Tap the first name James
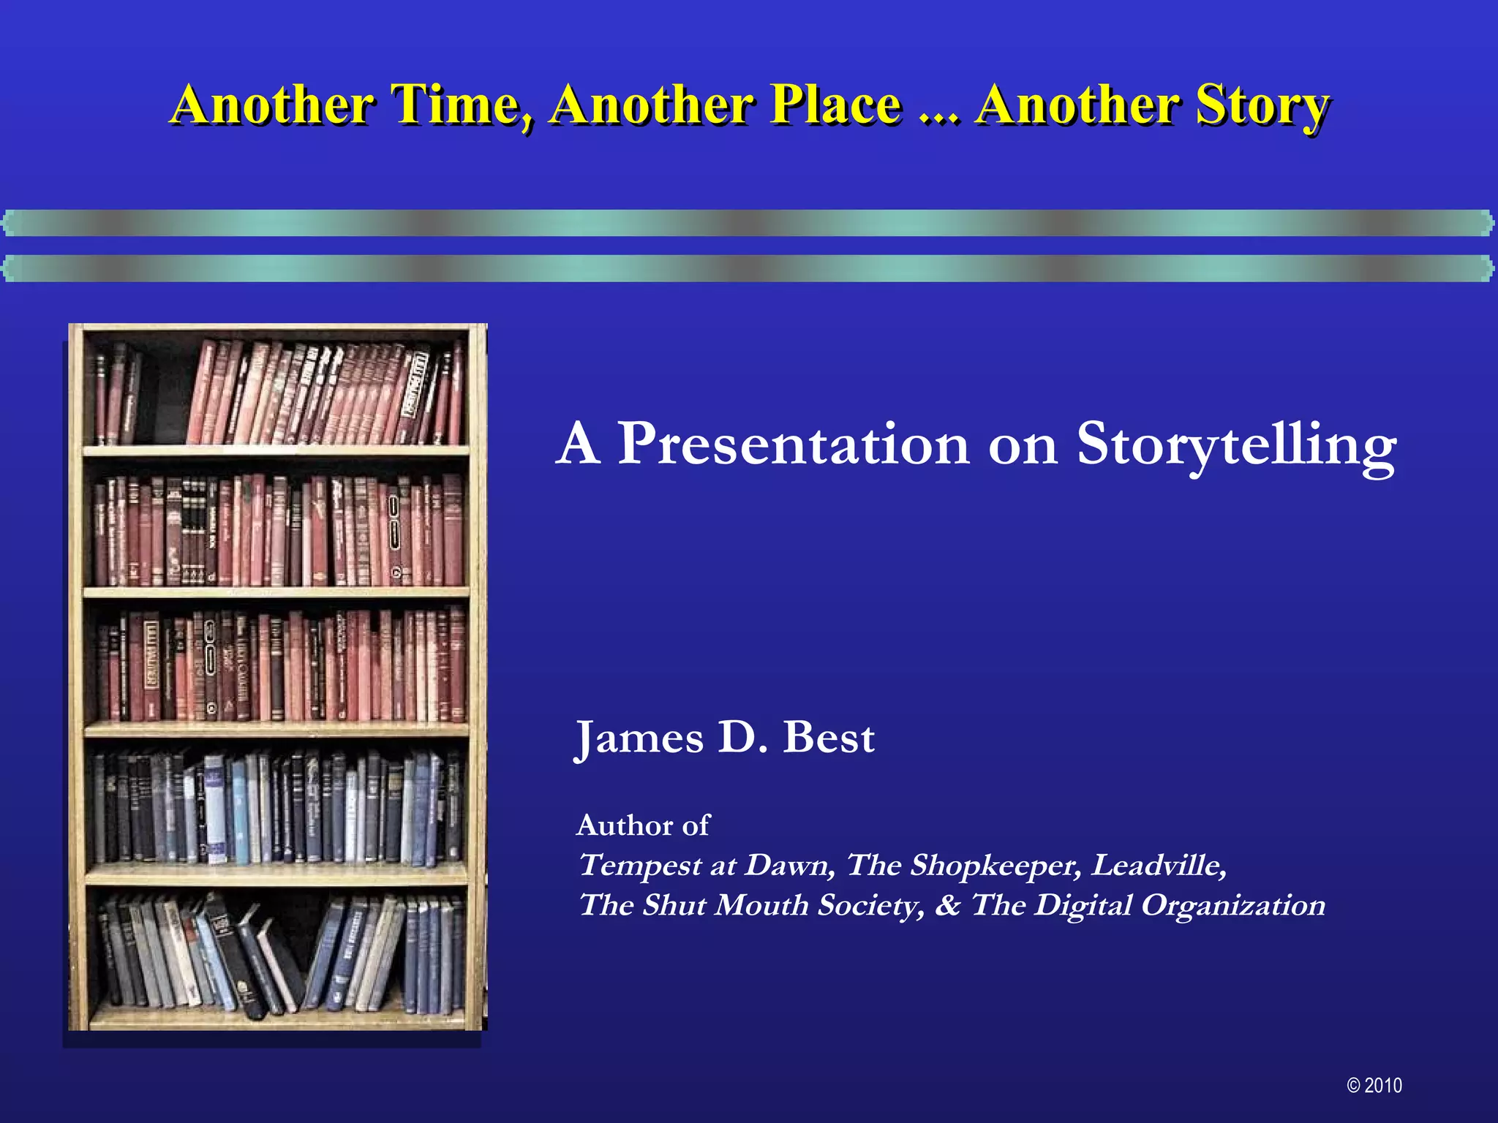pos(639,738)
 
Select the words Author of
pos(642,825)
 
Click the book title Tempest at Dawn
pos(706,866)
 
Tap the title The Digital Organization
pos(1148,905)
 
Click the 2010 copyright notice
pos(1374,1086)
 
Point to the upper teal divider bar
pos(749,223)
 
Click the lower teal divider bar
pos(749,268)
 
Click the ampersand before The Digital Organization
pos(947,905)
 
